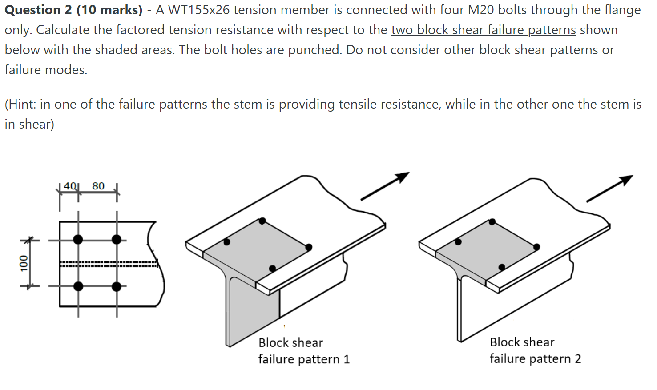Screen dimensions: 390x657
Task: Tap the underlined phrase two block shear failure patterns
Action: pyautogui.click(x=483, y=30)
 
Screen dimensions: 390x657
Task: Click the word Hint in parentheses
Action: pyautogui.click(x=22, y=104)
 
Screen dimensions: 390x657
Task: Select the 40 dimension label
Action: pyautogui.click(x=70, y=186)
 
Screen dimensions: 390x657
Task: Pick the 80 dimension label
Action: pyautogui.click(x=98, y=186)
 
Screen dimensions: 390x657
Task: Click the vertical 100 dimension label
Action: pyautogui.click(x=24, y=263)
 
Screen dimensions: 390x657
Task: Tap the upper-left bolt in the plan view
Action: pyautogui.click(x=78, y=240)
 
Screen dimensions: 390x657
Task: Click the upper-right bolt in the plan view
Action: pyautogui.click(x=117, y=240)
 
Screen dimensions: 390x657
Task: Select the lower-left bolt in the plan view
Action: pyautogui.click(x=78, y=286)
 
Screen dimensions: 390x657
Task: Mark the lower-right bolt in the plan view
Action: pyautogui.click(x=117, y=286)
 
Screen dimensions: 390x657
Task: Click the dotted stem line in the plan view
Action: pyautogui.click(x=109, y=264)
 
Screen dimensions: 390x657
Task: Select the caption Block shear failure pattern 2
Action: pyautogui.click(x=535, y=350)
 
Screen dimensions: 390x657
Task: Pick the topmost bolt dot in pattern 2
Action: pyautogui.click(x=492, y=221)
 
